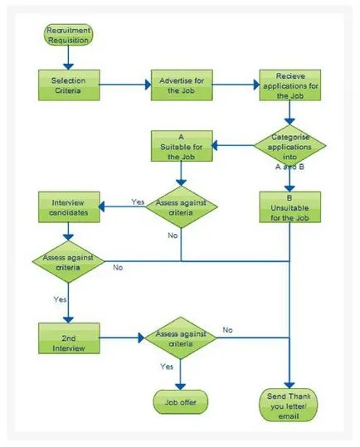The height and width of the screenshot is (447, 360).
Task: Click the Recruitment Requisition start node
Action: point(68,35)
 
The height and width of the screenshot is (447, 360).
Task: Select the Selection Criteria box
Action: point(69,85)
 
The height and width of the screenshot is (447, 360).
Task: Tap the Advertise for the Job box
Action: point(182,85)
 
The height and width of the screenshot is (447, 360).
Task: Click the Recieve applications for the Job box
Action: point(289,85)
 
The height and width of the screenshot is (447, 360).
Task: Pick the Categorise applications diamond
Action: point(289,146)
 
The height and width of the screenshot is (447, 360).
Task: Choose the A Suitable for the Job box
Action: point(182,146)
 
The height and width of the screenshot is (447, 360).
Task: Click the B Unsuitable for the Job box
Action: point(289,207)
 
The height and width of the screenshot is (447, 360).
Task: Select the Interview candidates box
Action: point(69,207)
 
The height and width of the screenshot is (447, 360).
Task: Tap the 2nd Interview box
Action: point(69,338)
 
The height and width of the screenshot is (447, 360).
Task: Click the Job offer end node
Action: point(181,402)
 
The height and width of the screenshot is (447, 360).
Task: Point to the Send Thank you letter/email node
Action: point(289,405)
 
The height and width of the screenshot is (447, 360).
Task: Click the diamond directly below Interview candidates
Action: point(68,262)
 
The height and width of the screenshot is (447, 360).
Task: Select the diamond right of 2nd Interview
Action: point(181,338)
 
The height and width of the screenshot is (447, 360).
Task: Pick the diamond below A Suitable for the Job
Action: point(182,207)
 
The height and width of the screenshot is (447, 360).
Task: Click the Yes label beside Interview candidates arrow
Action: point(138,202)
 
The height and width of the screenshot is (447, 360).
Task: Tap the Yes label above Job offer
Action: point(167,367)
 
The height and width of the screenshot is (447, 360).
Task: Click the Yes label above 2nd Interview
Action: point(61,299)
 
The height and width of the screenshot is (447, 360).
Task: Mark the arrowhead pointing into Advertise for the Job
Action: point(148,85)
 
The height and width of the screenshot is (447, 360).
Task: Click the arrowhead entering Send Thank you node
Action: point(289,386)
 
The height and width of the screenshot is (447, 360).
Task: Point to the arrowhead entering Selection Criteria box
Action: point(68,66)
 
